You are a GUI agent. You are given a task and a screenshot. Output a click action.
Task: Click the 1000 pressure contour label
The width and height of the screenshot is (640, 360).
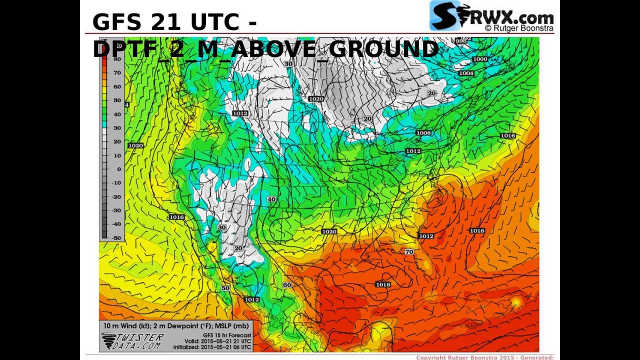(x=479, y=59)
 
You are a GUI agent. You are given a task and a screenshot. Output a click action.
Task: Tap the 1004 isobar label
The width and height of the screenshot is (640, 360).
(x=466, y=73)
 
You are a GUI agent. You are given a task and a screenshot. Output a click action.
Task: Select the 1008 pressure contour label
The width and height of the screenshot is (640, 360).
(x=423, y=133)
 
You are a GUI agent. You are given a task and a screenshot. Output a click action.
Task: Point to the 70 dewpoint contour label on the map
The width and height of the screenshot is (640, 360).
(x=409, y=251)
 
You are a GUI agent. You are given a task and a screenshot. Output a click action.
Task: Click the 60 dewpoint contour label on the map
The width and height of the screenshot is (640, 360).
(x=286, y=285)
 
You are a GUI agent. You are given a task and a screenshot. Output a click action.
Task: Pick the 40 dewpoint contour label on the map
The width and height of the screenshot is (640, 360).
(x=271, y=199)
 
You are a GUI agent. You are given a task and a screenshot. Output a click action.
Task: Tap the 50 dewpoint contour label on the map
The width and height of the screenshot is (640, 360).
(x=225, y=288)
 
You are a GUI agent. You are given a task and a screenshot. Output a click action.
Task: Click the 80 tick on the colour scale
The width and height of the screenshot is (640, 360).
(x=117, y=59)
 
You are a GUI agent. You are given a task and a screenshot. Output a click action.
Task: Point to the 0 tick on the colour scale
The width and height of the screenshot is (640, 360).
(x=118, y=169)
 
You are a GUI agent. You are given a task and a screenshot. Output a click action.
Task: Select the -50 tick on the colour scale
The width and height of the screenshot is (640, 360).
(x=116, y=237)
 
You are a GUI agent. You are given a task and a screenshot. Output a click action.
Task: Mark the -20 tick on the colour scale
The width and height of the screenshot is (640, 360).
(x=116, y=196)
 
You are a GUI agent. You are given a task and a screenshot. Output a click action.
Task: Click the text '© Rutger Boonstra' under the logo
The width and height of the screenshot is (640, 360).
(x=518, y=28)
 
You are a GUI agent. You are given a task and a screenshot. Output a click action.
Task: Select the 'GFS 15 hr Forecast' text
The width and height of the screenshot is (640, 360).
(x=225, y=335)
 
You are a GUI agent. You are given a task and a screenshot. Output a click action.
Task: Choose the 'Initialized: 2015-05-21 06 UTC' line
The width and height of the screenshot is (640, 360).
(x=212, y=347)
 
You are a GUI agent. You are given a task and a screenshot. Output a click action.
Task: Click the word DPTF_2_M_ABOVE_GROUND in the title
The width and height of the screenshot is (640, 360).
(x=265, y=49)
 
